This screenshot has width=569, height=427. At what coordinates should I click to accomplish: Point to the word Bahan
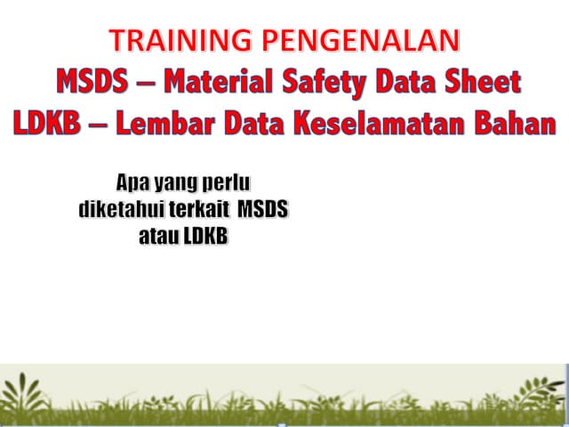click(x=515, y=123)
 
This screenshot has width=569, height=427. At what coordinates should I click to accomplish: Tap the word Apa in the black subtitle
click(x=132, y=184)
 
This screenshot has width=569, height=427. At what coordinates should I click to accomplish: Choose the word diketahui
click(x=117, y=212)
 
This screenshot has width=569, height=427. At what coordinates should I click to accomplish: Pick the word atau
click(x=158, y=238)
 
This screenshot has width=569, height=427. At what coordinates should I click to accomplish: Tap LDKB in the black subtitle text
click(x=205, y=238)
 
